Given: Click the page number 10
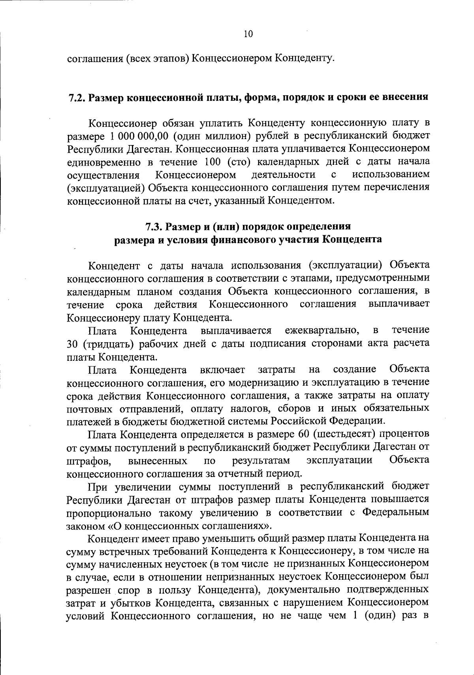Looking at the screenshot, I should click(x=248, y=34).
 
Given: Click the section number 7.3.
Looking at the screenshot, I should click(x=154, y=227).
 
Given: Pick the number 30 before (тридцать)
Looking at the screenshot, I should click(x=73, y=344).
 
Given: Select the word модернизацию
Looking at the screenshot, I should click(x=259, y=383).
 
